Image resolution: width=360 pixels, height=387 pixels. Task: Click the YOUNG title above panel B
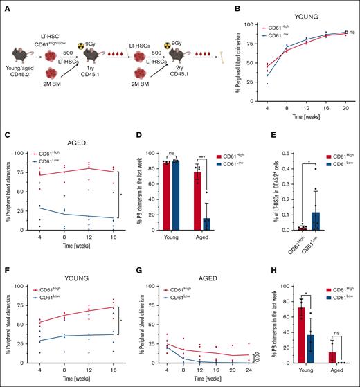coord(305,12)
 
